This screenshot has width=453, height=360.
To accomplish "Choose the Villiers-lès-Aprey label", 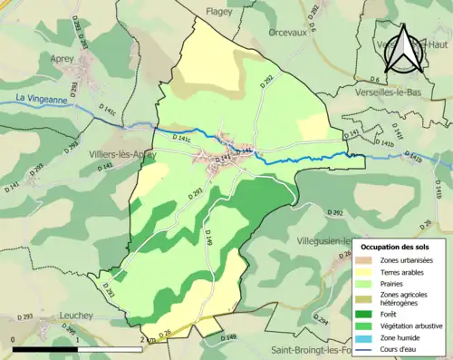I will click(113, 154).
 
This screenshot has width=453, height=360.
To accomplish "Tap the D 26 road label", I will click(165, 334).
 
